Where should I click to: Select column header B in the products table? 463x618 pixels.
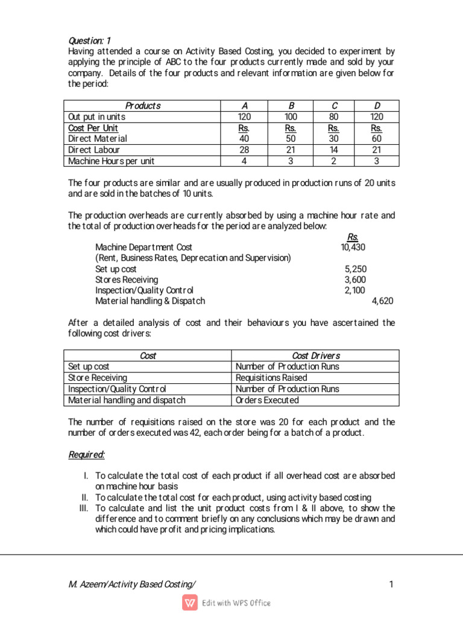[x=289, y=106]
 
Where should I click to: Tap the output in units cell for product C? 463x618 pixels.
[x=333, y=117]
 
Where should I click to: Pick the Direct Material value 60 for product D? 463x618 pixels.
[x=377, y=139]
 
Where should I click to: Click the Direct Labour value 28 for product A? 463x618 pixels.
[x=244, y=150]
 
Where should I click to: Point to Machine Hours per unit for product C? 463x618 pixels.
[x=333, y=161]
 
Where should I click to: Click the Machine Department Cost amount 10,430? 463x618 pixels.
[x=353, y=247]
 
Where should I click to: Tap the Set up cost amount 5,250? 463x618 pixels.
[x=355, y=269]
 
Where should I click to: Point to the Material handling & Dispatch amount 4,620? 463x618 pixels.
[x=382, y=301]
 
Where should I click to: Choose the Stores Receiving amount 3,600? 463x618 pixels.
[x=355, y=280]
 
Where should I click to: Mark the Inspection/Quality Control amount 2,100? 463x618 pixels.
[x=355, y=290]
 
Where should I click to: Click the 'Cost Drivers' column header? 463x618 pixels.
[x=315, y=355]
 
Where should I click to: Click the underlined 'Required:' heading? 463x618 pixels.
[x=87, y=454]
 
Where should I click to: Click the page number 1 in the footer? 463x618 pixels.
[x=391, y=584]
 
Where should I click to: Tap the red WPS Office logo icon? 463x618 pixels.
[x=190, y=602]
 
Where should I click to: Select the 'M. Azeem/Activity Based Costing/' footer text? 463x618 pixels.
[x=132, y=584]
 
